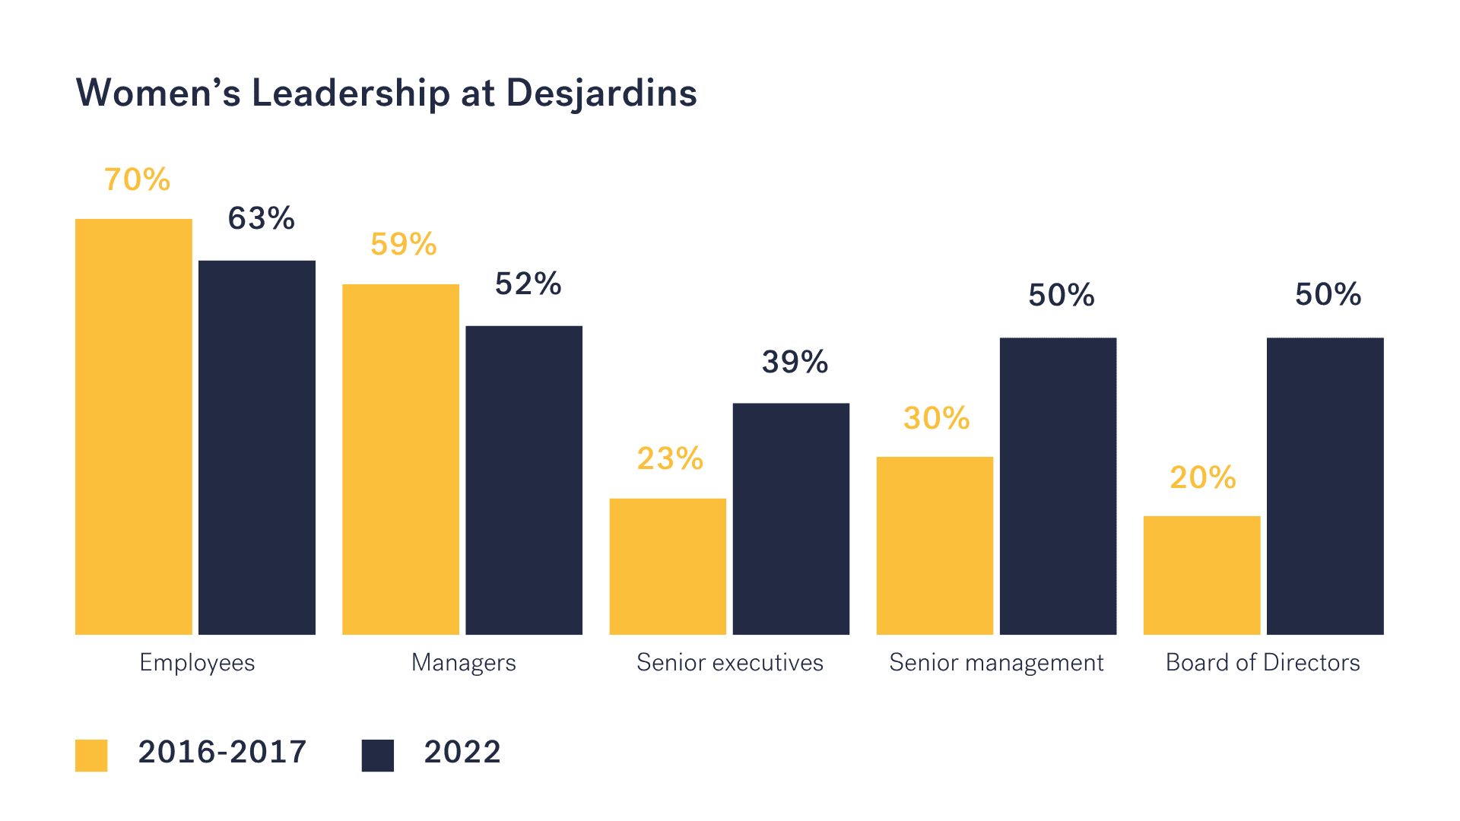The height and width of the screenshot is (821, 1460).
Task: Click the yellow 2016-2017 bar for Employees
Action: coord(134,426)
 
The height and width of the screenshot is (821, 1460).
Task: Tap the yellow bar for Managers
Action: coord(401,459)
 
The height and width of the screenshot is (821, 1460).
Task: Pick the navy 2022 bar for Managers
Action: coord(524,480)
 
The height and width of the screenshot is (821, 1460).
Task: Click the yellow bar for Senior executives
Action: coord(668,566)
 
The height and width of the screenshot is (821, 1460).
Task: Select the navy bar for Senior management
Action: coord(1058,486)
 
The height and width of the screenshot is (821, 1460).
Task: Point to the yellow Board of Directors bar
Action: coord(1201,575)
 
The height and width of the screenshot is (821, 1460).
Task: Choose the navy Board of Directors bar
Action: coord(1325,486)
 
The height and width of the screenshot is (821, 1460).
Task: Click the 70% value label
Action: coord(138,180)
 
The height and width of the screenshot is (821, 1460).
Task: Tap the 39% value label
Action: coord(795,362)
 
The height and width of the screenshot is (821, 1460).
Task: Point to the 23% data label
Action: coord(670,458)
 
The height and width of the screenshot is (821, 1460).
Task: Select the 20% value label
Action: coord(1203,477)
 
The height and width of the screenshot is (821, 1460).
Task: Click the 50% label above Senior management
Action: coord(1061,295)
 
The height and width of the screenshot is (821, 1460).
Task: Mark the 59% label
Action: coord(404,244)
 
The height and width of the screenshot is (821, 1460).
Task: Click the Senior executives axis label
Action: coord(729,662)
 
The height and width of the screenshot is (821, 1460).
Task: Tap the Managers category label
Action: coord(463,662)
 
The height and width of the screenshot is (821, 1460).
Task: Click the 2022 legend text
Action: coord(462,752)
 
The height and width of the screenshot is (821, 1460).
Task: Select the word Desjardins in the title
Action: coord(601,94)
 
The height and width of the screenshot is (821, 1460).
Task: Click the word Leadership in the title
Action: coord(351,94)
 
